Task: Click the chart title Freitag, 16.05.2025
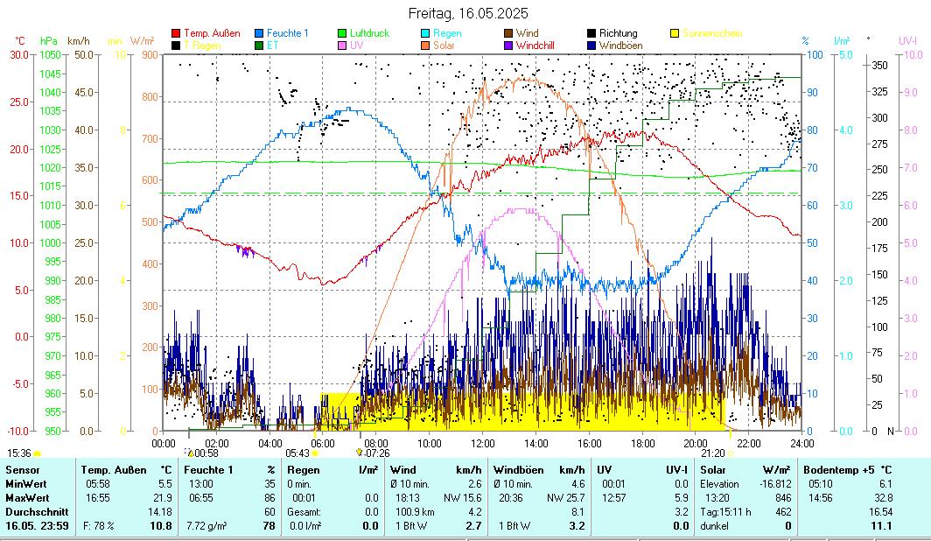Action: (468, 13)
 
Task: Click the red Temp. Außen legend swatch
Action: (176, 33)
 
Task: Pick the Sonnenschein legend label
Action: (711, 33)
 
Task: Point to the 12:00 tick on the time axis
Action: (483, 443)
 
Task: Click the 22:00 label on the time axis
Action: (749, 443)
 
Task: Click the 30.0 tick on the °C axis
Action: (19, 54)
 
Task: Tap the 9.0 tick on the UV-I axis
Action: (910, 92)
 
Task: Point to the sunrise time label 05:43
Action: (298, 453)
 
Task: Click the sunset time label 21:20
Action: (713, 453)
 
